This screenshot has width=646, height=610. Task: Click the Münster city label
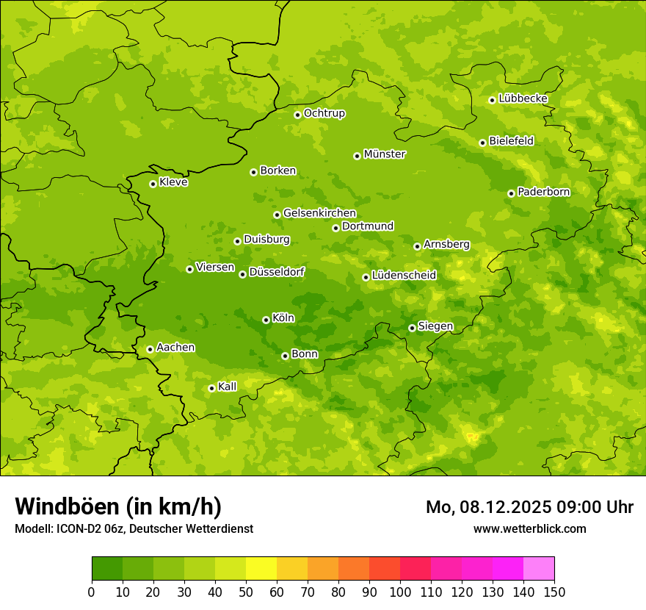point(384,154)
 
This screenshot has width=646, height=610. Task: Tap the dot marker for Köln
point(266,320)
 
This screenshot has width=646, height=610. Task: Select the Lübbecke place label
point(523,98)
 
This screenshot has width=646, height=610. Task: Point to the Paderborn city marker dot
point(511,193)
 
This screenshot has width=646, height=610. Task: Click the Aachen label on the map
point(175,348)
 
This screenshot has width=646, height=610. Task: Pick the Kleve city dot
point(153,184)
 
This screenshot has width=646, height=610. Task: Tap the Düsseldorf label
point(276,273)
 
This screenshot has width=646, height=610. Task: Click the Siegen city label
point(435,326)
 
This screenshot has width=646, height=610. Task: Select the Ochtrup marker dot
point(297,115)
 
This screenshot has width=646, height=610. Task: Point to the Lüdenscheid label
point(404,276)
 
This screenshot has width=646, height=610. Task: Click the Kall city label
point(227,387)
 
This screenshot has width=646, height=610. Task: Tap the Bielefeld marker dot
point(482,143)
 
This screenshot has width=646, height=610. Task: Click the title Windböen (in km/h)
point(118,506)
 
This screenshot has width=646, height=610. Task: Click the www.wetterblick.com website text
point(529,528)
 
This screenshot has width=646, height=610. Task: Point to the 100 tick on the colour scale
point(400,592)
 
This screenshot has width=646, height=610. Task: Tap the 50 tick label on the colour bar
point(246,592)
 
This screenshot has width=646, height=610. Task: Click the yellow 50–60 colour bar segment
point(261,569)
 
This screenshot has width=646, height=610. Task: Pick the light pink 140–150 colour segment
point(539,569)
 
